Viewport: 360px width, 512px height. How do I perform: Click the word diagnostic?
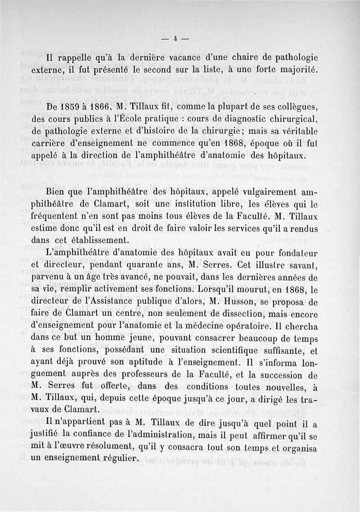click(236, 120)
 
